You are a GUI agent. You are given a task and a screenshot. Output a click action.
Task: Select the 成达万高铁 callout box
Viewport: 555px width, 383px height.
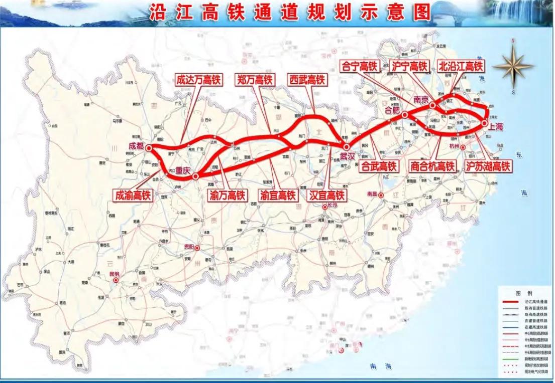click(198, 80)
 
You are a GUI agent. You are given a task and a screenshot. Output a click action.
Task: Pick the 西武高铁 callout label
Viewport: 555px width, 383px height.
click(307, 80)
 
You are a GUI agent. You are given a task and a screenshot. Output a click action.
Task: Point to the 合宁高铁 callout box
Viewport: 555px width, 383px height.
click(360, 66)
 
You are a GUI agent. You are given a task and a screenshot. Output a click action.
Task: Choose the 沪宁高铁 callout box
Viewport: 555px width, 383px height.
click(408, 66)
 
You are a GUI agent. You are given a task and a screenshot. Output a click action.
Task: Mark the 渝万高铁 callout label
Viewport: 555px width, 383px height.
click(228, 195)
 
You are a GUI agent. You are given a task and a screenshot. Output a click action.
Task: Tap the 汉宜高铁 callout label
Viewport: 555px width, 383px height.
click(326, 195)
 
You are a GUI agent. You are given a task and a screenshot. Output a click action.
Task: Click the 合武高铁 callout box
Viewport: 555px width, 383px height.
click(379, 166)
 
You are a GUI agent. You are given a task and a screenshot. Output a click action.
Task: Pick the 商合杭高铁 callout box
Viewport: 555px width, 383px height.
click(432, 166)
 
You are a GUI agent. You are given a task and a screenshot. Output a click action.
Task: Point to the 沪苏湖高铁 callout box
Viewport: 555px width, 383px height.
click(488, 166)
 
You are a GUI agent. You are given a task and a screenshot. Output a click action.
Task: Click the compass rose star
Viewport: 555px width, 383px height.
click(512, 66)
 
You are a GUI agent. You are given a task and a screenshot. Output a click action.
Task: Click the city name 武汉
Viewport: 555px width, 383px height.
click(348, 156)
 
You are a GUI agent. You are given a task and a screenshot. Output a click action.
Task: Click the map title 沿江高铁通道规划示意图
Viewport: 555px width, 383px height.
click(290, 13)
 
